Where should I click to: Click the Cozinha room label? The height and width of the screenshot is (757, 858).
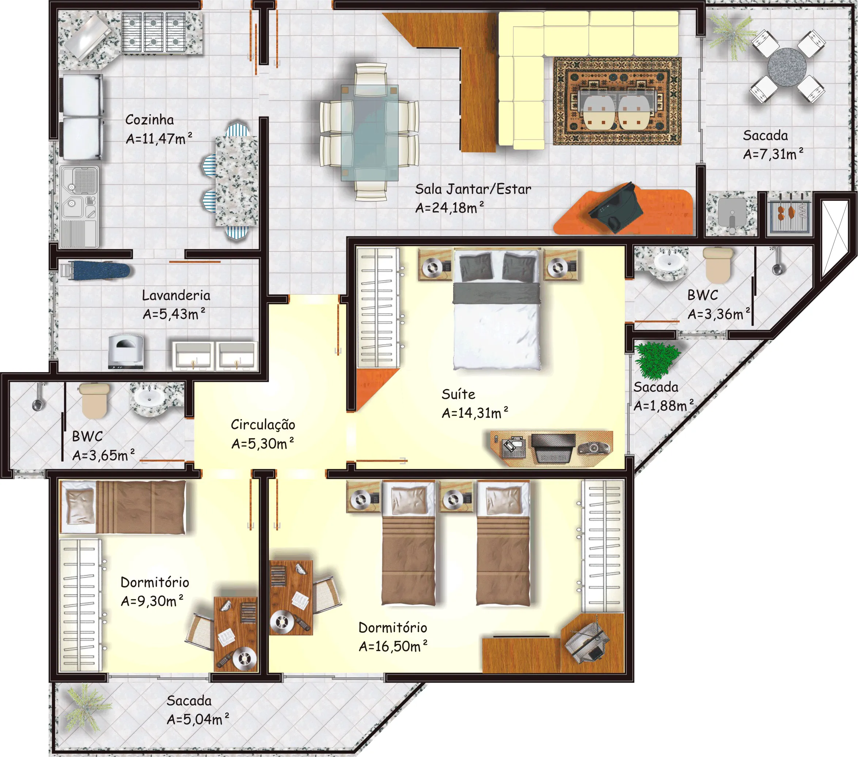click(149, 120)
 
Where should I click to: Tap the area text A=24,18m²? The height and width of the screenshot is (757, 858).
click(449, 207)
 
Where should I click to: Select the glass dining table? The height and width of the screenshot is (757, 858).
click(369, 133)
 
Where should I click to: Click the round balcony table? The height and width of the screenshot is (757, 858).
click(787, 67)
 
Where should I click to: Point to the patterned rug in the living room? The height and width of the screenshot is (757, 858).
click(617, 101)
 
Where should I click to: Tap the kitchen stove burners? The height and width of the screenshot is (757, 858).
click(153, 32)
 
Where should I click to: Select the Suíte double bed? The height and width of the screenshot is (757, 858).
click(497, 310)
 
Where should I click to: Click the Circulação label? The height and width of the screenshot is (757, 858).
click(263, 424)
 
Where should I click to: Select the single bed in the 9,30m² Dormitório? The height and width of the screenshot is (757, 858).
click(122, 507)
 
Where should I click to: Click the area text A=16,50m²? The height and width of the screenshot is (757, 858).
click(393, 646)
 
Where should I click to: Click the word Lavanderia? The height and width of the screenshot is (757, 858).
click(176, 295)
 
